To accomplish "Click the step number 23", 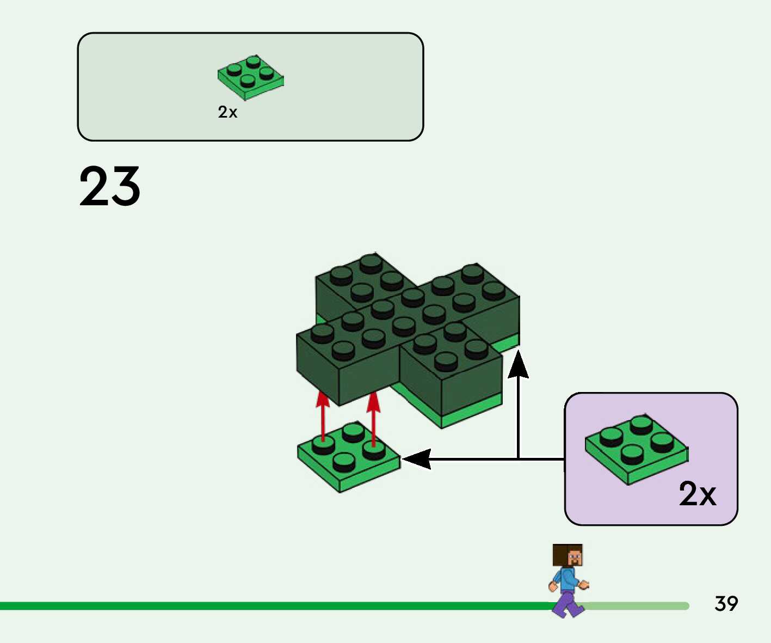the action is [109, 187].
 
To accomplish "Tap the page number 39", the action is [726, 604].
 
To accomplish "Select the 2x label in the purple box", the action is [697, 494].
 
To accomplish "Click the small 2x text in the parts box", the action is [227, 112].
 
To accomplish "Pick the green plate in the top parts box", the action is [250, 77].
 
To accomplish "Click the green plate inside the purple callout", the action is [636, 449].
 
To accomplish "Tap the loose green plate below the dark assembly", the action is [348, 457].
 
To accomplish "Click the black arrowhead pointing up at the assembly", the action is [519, 365].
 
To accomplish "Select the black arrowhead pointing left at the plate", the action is [417, 460].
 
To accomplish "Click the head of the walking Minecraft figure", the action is [568, 555].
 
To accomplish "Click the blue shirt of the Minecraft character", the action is [567, 580].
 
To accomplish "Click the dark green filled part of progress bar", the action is [272, 606].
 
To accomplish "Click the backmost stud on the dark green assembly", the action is [371, 263].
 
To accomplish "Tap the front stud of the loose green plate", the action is [343, 462].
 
